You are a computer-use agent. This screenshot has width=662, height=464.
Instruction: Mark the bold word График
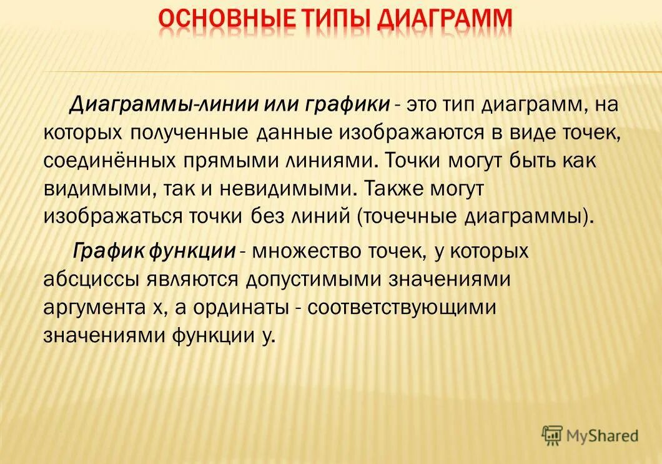pyautogui.click(x=109, y=251)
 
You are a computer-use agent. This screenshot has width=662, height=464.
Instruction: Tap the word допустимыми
pyautogui.click(x=315, y=279)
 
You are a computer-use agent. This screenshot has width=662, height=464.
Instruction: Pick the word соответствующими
pyautogui.click(x=402, y=307)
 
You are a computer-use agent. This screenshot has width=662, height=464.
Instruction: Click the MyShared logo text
pyautogui.click(x=602, y=435)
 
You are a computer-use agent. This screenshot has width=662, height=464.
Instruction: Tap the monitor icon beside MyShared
pyautogui.click(x=552, y=435)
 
